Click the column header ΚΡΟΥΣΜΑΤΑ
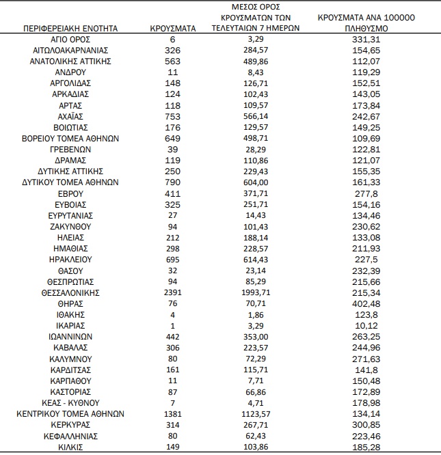(173, 29)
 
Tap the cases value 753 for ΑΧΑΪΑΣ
(173, 117)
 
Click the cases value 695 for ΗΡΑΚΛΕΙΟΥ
(173, 260)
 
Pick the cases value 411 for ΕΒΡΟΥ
(173, 193)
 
